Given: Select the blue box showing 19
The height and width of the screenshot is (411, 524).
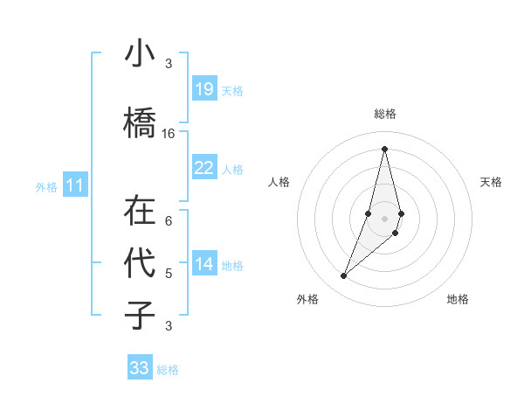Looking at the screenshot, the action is coord(203,90).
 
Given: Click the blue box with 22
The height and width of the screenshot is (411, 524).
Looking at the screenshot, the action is coord(203,169).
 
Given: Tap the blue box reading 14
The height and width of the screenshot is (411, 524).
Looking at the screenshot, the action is coord(203,265).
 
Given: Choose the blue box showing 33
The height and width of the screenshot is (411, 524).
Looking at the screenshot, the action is coord(140,368).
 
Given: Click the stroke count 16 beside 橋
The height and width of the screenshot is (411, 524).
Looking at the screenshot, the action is coord(169,134).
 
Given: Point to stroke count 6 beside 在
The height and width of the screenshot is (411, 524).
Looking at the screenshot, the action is coord(169,220).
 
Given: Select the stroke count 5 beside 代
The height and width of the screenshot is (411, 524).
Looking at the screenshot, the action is coord(169,274).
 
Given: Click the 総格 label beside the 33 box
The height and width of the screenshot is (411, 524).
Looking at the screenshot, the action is coord(168,370).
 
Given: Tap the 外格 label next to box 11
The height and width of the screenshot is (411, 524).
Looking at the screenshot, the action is coord(46,186).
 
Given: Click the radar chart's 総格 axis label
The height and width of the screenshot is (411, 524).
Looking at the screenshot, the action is coord(384,114).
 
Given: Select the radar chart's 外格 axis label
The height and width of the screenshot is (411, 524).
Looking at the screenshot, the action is coord(307,299).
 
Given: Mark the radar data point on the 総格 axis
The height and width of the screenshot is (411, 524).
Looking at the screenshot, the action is coord(384,149).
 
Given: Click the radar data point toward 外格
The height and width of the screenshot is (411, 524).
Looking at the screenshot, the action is coord(343,276).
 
